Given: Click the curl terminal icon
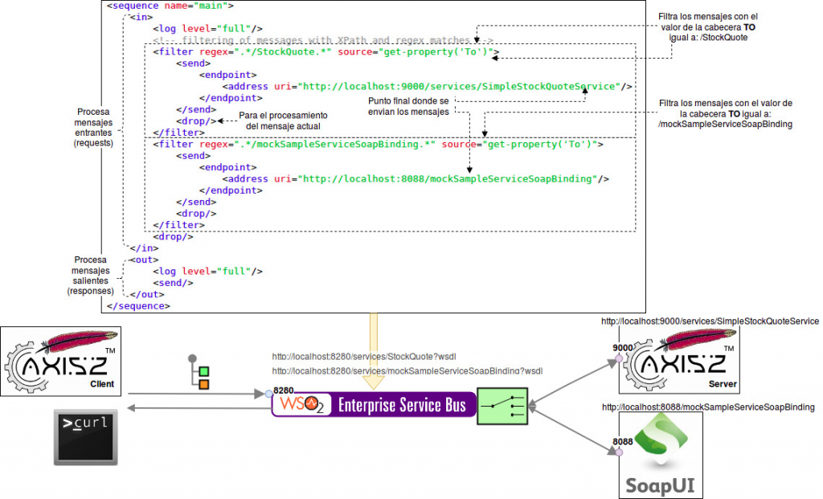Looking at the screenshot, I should click(85, 437).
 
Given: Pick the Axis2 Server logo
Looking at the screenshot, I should click(679, 358).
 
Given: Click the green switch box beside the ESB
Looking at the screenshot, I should click(502, 406).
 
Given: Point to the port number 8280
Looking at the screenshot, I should click(284, 391).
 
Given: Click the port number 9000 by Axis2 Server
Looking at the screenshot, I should click(623, 347).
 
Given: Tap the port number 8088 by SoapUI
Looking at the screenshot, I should click(623, 442).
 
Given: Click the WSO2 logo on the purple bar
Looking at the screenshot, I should click(301, 404).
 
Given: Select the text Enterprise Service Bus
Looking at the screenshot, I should click(401, 405).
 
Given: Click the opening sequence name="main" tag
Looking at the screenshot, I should click(170, 6).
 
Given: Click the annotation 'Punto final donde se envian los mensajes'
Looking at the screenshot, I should click(408, 106).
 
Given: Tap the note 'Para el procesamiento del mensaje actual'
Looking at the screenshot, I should click(284, 121).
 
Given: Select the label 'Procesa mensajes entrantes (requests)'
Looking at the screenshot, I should click(94, 127).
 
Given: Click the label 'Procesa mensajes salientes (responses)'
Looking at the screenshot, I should click(91, 276).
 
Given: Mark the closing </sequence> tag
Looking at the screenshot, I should click(137, 305).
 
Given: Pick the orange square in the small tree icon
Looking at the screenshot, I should click(203, 385).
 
